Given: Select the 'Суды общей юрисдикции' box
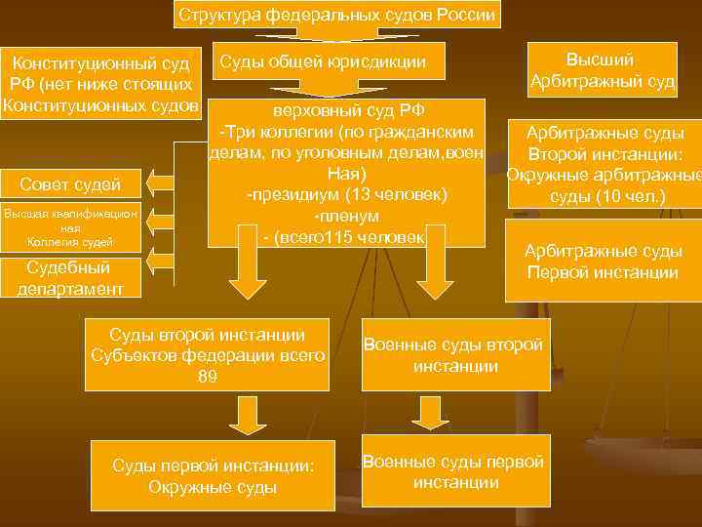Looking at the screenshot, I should click(322, 62).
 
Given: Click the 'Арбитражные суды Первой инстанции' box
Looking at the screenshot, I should click(603, 262).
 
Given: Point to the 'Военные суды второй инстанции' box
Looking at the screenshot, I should click(454, 355).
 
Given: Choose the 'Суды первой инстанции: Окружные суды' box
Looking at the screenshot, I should click(213, 476).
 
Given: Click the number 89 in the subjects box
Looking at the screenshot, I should click(207, 377).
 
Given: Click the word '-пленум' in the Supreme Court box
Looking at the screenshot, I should click(346, 216).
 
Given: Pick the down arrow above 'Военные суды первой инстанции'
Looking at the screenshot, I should click(429, 412).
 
